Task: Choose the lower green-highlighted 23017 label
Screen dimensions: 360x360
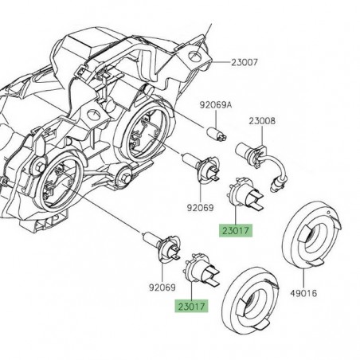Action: [188, 305]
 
